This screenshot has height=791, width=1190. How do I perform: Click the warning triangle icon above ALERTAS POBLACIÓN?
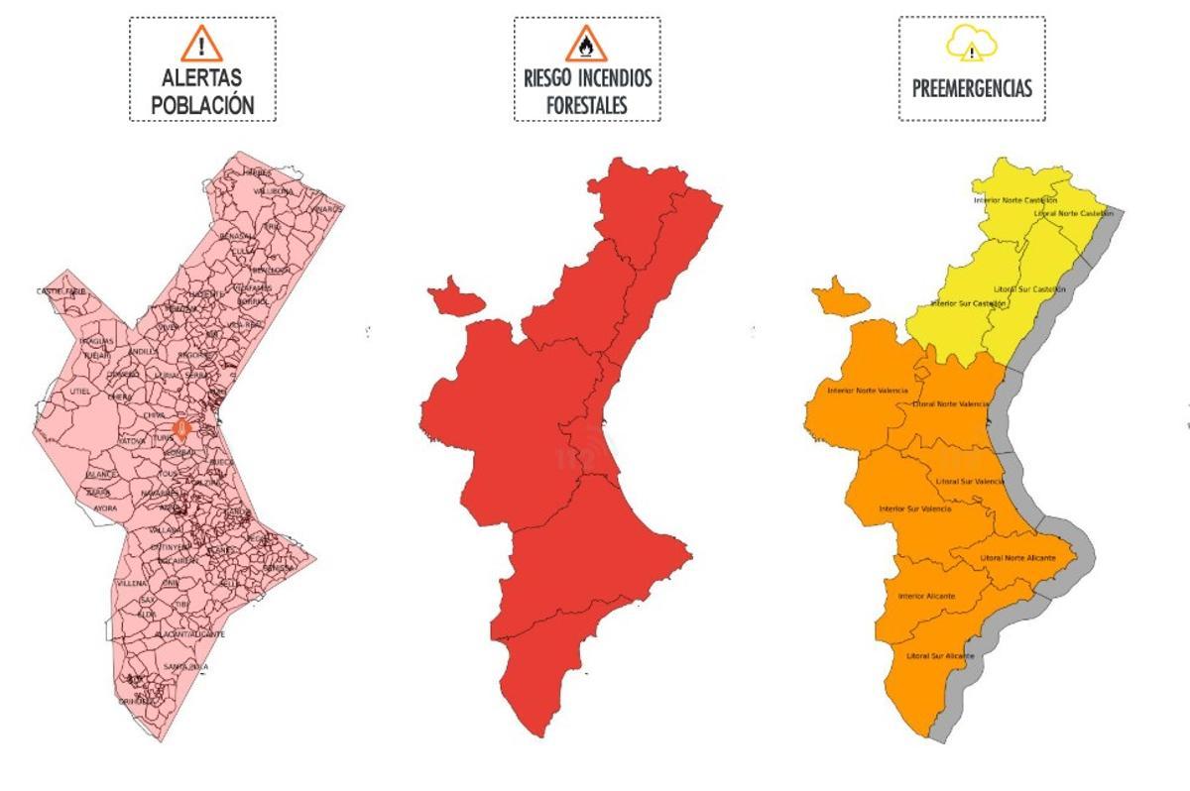pos(202,44)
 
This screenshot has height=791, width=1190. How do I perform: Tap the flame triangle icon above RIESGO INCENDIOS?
pos(586,45)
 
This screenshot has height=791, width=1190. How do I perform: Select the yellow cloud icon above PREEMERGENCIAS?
pos(972,45)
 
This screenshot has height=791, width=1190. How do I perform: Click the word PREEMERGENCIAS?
pos(972,88)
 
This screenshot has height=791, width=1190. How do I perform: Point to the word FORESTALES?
pos(587,103)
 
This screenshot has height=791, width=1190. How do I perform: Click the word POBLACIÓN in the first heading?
pos(203,104)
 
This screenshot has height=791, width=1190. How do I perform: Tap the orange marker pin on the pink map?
pos(180,428)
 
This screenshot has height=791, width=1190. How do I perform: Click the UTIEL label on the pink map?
pos(80,392)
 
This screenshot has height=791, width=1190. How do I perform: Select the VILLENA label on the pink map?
pos(131,584)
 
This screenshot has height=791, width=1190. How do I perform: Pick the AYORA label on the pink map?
pos(105,508)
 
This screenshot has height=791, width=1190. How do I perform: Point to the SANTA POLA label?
pos(186,666)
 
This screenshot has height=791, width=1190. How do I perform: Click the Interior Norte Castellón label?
pos(1014,200)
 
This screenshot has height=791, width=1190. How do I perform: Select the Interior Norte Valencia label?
pos(867,390)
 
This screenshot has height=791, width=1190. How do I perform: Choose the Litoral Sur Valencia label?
pos(970,481)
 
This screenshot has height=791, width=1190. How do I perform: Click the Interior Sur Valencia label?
pos(914,509)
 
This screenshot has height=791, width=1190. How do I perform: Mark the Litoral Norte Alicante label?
pos(1017,557)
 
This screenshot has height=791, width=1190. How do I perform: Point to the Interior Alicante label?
pos(926,596)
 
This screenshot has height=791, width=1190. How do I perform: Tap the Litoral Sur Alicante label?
pos(940,656)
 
